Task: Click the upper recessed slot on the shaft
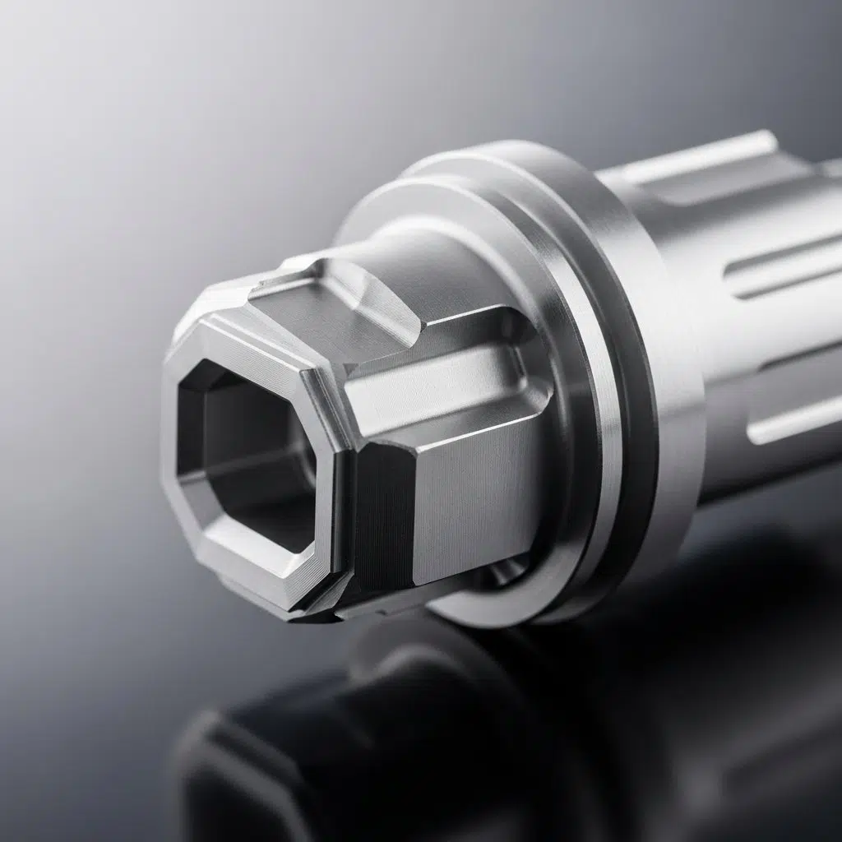[x=781, y=280]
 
